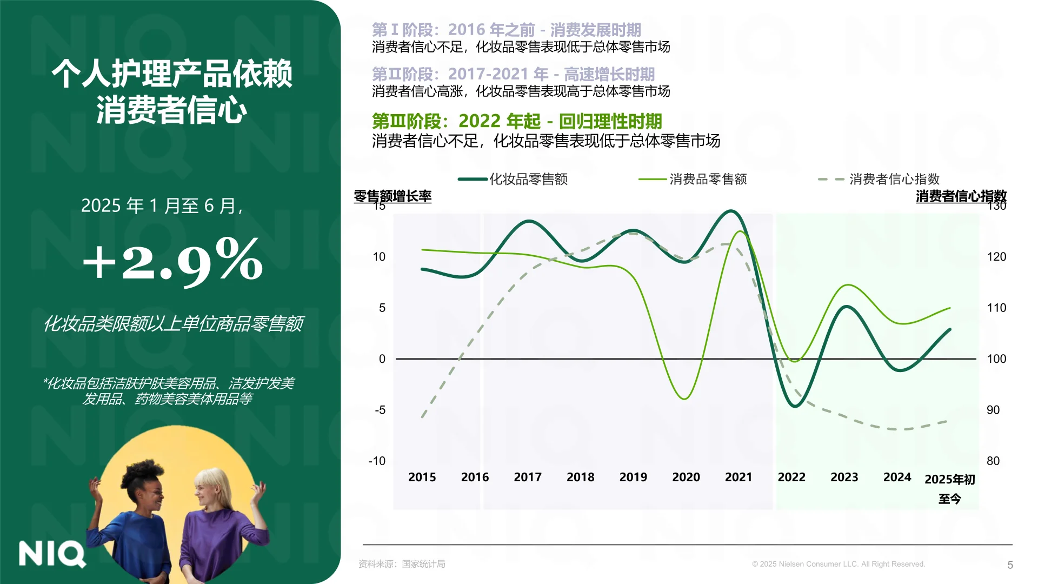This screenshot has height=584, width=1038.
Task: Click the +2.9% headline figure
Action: pyautogui.click(x=173, y=261)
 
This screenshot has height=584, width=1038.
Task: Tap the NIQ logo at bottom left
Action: pyautogui.click(x=52, y=554)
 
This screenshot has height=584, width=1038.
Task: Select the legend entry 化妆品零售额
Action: pyautogui.click(x=528, y=179)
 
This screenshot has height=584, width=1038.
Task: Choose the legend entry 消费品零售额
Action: pyautogui.click(x=708, y=179)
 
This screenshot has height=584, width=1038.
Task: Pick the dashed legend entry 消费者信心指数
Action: pyautogui.click(x=894, y=179)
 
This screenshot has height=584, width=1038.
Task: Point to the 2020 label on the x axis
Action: pyautogui.click(x=686, y=477)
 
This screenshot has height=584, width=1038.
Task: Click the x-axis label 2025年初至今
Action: pyautogui.click(x=950, y=488)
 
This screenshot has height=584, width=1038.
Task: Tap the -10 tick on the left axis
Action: pyautogui.click(x=377, y=461)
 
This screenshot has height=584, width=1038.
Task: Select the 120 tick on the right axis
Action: pyautogui.click(x=996, y=257)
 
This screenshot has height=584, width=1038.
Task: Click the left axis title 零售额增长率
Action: pyautogui.click(x=392, y=196)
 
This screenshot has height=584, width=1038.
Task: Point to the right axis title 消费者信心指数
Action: pyautogui.click(x=961, y=196)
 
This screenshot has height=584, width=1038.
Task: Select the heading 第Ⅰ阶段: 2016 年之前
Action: pyautogui.click(x=506, y=30)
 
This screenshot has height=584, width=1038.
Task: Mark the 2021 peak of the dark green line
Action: pyautogui.click(x=731, y=211)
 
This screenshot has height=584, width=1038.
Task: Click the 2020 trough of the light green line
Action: pyautogui.click(x=684, y=399)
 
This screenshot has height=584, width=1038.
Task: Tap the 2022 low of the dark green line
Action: pyautogui.click(x=795, y=406)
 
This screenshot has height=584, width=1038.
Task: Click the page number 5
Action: pyautogui.click(x=1010, y=565)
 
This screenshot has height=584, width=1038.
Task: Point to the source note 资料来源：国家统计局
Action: pyautogui.click(x=402, y=564)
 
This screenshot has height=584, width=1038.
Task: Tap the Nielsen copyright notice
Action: pyautogui.click(x=839, y=564)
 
